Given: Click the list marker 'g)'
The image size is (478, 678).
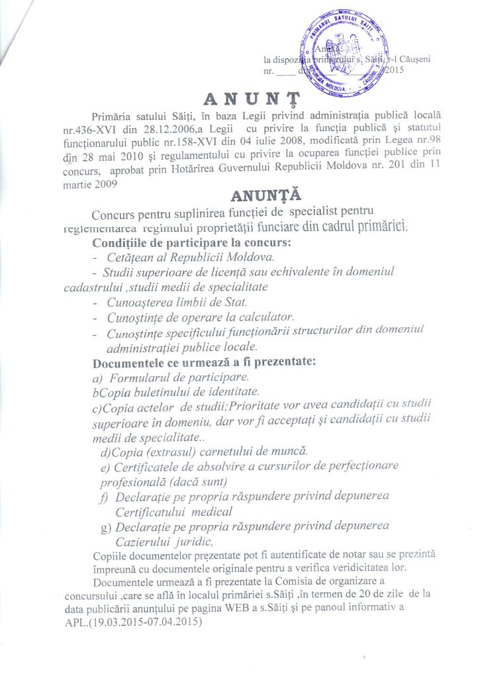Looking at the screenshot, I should (x=104, y=528).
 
